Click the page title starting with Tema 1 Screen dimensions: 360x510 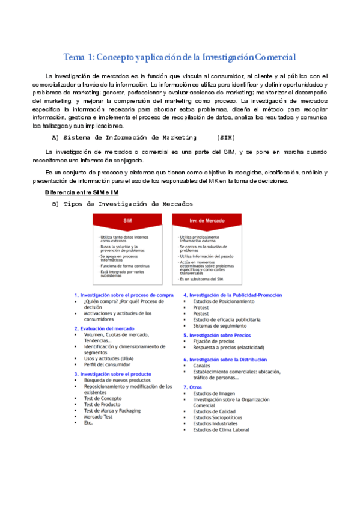[180, 58]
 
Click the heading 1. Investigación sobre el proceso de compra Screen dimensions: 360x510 [124, 295]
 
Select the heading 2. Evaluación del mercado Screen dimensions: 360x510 [104, 329]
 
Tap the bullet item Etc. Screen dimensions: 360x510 [89, 423]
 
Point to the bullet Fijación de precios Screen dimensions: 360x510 [214, 341]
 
